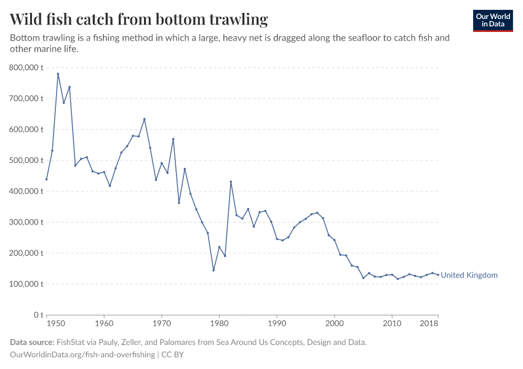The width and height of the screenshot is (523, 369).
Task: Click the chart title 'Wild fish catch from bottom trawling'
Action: pos(139,19)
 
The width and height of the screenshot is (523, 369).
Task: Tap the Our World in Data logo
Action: pos(492,20)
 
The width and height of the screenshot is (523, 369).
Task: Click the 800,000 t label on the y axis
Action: pos(25,67)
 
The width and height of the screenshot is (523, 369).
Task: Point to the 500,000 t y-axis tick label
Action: pos(25,160)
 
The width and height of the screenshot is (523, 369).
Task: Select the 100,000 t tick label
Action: pos(25,284)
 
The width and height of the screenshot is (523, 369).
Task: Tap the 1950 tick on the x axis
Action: pos(55,323)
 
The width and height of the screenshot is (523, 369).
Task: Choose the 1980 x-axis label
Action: pos(219,323)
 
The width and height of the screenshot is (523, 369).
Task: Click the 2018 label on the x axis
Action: pos(429,323)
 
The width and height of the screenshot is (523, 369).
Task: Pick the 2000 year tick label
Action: pos(334,323)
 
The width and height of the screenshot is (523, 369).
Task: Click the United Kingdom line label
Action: pos(469,276)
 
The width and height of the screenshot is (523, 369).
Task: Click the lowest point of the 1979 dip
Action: pos(214,270)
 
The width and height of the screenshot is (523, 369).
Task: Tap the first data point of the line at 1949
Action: pos(47,179)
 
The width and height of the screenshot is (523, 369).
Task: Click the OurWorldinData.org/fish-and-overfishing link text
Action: pos(82,355)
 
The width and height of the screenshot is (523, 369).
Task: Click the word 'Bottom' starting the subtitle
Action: pos(25,38)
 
